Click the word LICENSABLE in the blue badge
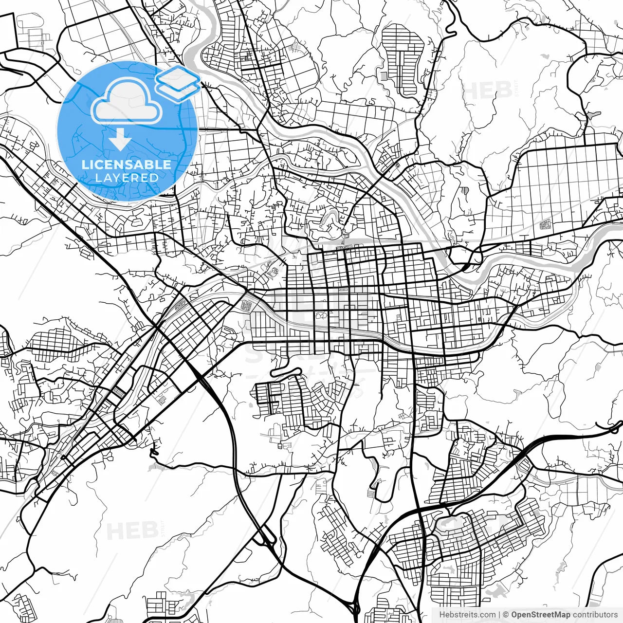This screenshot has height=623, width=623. [127, 165]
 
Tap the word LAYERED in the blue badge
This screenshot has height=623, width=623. [127, 178]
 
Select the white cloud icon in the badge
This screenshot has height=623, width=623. [127, 101]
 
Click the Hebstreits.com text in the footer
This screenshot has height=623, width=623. [467, 615]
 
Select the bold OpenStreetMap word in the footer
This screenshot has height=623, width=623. [540, 615]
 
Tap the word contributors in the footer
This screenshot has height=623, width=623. [595, 615]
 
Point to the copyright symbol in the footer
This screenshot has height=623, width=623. [506, 615]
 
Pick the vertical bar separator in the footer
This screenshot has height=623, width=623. [499, 615]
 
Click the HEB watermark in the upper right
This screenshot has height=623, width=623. [487, 91]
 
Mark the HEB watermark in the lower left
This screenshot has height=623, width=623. [132, 531]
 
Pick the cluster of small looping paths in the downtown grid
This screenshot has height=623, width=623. [321, 315]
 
